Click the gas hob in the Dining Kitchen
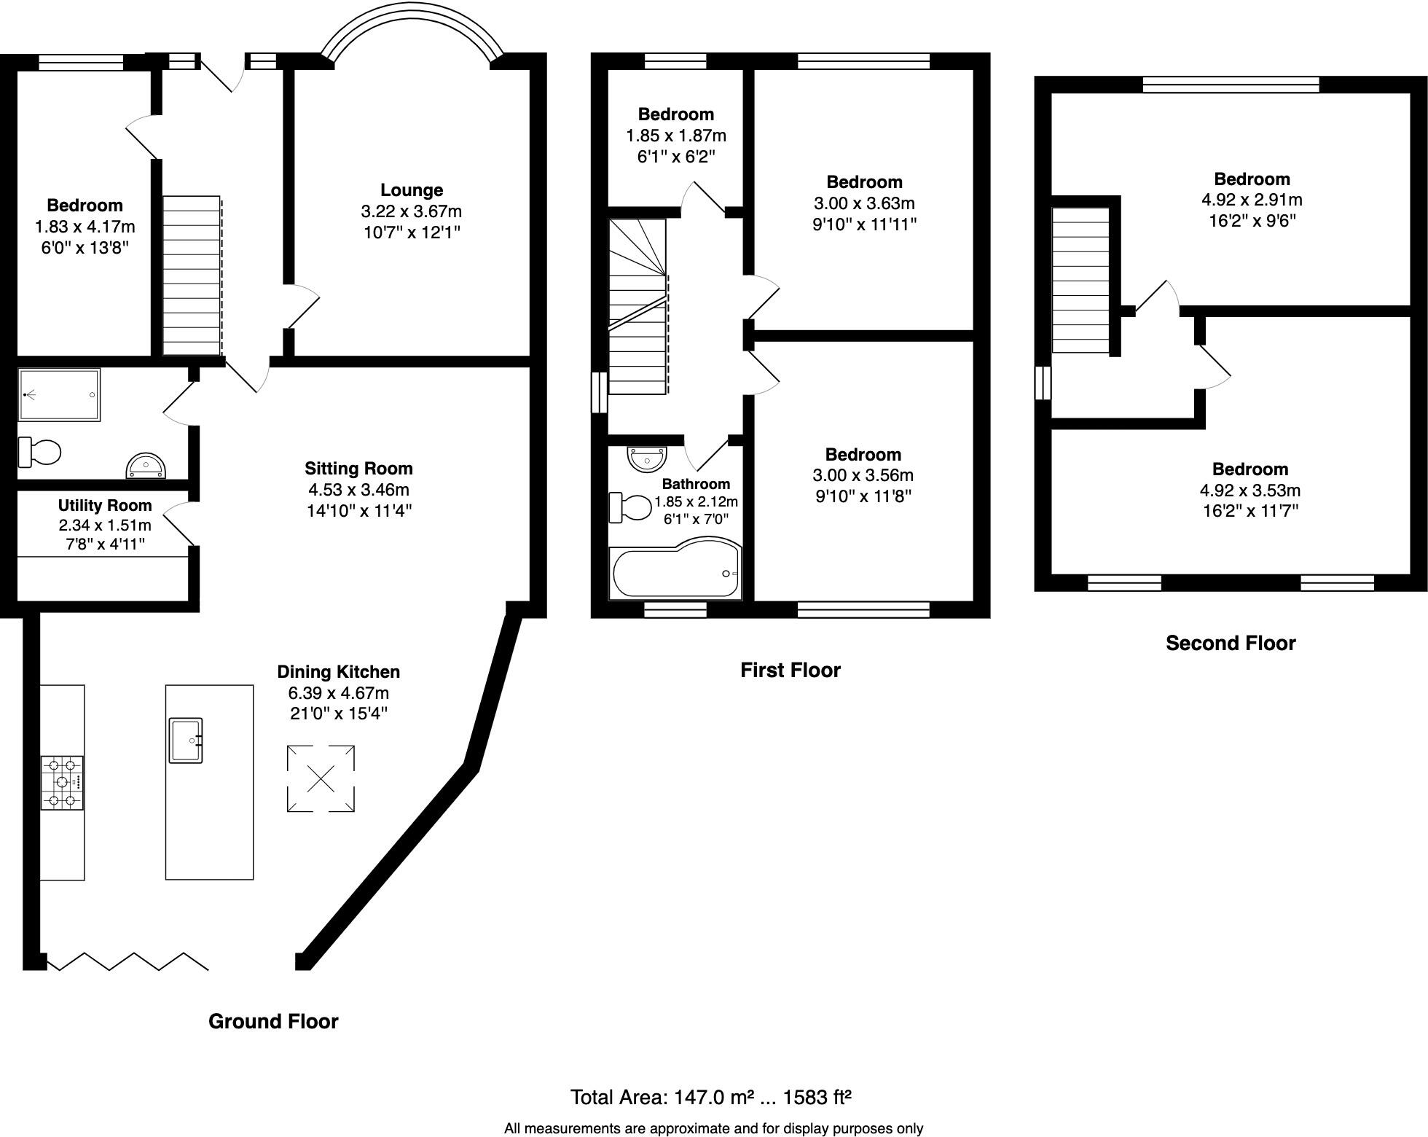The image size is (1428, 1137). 62,783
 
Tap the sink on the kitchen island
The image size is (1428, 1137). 186,740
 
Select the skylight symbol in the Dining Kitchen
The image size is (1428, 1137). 321,778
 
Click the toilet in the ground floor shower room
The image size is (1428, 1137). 40,453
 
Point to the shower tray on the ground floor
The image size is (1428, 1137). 59,395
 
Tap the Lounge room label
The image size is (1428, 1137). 412,190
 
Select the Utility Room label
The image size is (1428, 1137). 105,506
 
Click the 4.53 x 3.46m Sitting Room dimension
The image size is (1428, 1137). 358,490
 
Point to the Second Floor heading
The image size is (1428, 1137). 1231,644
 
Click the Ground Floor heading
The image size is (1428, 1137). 273,1022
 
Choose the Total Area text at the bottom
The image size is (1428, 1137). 710,1097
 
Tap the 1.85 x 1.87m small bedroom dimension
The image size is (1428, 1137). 676,136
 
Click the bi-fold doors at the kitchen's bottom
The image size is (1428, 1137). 127,961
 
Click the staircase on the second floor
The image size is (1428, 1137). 1081,281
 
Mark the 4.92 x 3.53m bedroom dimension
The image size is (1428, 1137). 1250,491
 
